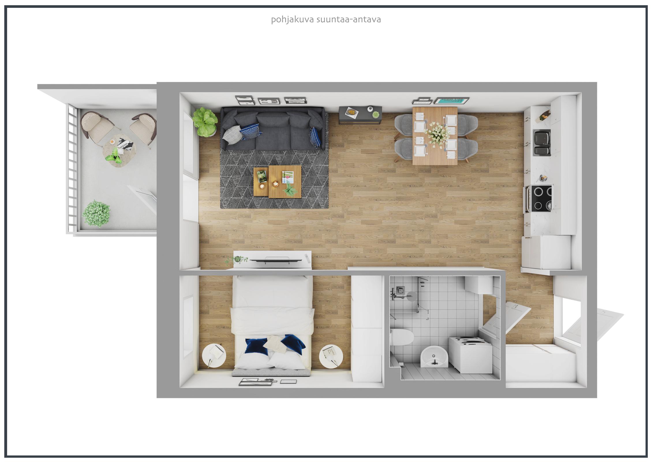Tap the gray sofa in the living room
pyautogui.click(x=272, y=128)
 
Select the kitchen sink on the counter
pyautogui.click(x=542, y=143)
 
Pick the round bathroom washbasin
pyautogui.click(x=433, y=357)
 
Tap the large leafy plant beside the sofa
pyautogui.click(x=205, y=122)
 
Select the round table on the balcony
pyautogui.click(x=119, y=149)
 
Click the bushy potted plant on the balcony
pyautogui.click(x=96, y=213)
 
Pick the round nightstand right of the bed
pyautogui.click(x=331, y=357)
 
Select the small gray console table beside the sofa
pyautogui.click(x=360, y=115)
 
